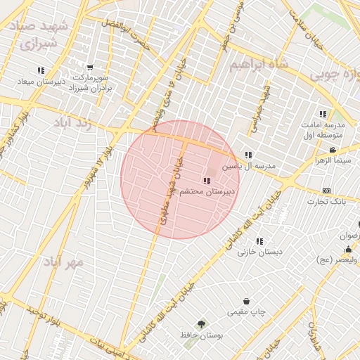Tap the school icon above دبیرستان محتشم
tap(206, 181)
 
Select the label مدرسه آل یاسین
tap(250, 167)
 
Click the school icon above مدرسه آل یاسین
tap(248, 155)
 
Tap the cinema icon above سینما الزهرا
tap(333, 150)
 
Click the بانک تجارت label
tap(329, 202)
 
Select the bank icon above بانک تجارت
tap(326, 191)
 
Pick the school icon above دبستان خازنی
tap(259, 240)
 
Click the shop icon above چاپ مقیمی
tap(246, 301)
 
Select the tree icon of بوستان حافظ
tap(202, 324)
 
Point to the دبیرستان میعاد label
tap(41, 82)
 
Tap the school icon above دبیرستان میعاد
tap(41, 70)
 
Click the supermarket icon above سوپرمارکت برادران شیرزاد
tap(90, 67)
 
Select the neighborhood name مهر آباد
tap(63, 262)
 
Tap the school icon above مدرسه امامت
tap(322, 114)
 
